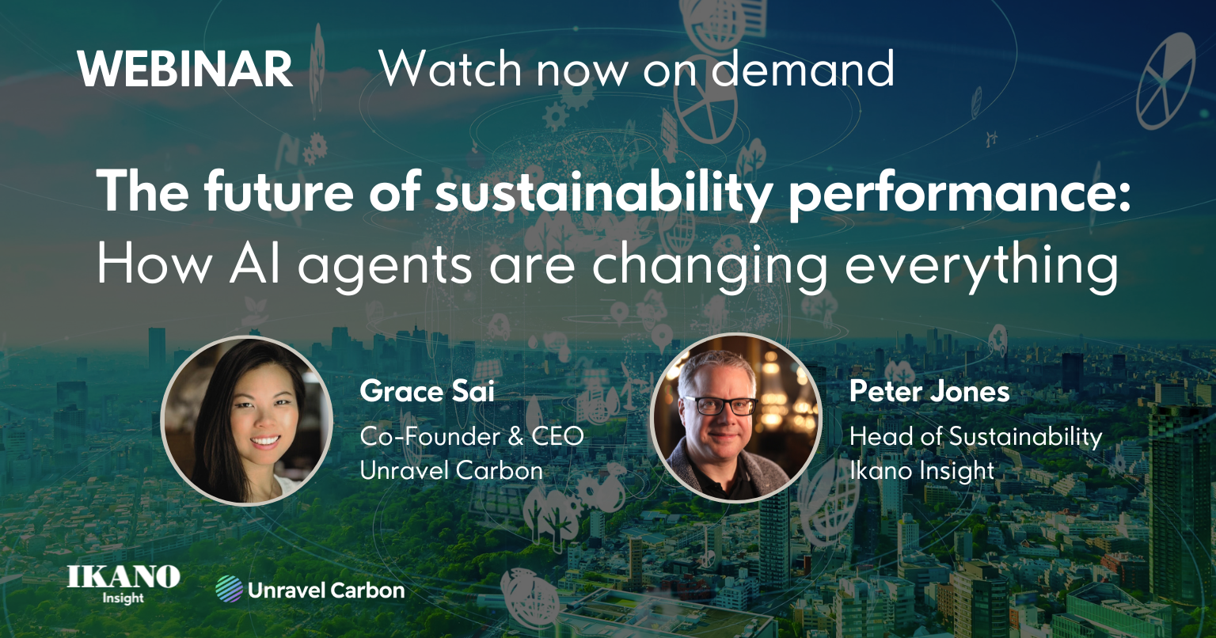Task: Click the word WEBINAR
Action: tap(185, 69)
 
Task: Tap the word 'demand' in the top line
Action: tap(802, 68)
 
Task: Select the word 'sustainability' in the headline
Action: tap(603, 192)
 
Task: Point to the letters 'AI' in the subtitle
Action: tap(255, 265)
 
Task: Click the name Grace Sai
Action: tap(427, 392)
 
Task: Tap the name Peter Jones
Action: tap(929, 392)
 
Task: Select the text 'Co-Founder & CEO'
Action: tap(472, 437)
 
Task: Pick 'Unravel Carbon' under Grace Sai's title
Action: tap(451, 470)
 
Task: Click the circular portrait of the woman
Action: tap(247, 420)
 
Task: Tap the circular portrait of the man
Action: tap(736, 418)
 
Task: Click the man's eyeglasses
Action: tap(720, 405)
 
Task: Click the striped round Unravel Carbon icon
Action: tap(229, 589)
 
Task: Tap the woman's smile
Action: tap(265, 440)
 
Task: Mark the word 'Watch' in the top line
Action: tap(450, 68)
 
